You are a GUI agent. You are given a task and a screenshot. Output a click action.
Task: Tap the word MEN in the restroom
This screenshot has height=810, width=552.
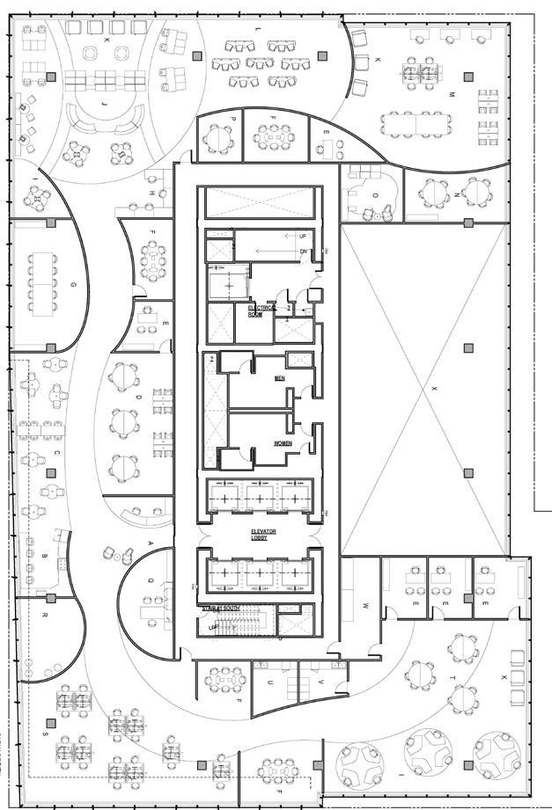279,379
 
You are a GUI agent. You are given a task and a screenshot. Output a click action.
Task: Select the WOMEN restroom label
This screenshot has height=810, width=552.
283,443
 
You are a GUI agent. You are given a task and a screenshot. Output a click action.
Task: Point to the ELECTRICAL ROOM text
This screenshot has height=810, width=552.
261,310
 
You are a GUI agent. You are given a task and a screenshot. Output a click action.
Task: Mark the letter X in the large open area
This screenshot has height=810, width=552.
434,387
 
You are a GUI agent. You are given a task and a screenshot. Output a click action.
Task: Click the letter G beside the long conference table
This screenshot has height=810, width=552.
72,286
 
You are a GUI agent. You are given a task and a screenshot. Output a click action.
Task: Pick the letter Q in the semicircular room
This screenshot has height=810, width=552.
151,581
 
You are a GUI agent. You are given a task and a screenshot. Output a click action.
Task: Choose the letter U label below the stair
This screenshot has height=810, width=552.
270,682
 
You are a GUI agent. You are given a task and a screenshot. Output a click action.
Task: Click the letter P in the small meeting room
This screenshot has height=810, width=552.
233,119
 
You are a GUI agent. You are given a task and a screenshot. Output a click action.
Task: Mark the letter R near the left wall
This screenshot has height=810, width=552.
44,616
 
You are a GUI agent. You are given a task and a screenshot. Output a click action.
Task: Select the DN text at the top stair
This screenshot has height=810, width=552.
304,252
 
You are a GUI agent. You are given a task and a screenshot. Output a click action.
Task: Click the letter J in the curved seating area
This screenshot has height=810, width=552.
104,104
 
